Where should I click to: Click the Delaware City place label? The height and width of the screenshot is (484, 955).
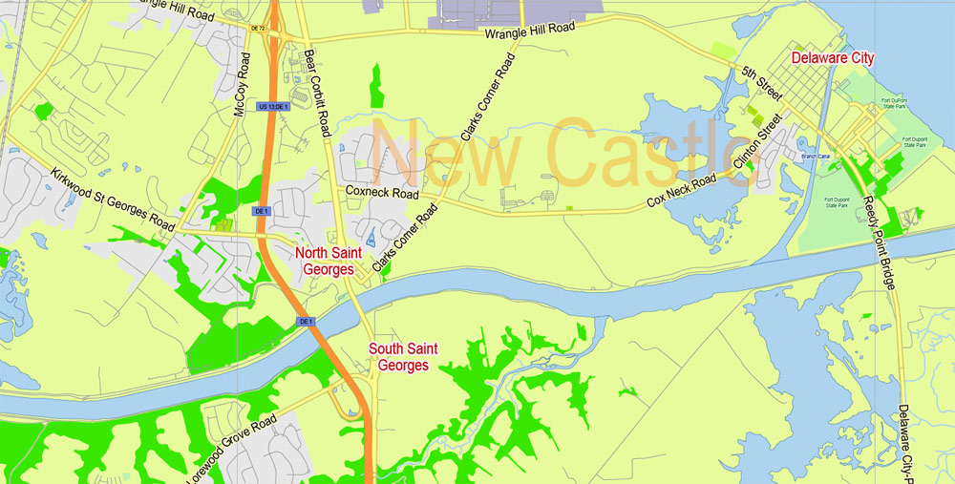pos(832,58)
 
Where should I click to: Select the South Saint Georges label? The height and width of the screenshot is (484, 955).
pos(403,356)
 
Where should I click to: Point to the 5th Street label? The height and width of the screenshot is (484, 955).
pos(761,83)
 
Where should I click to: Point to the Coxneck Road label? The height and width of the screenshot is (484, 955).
pos(382,193)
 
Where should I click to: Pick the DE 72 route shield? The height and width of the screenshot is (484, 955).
pos(257,29)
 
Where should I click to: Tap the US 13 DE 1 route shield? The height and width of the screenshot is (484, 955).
pos(272,106)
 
